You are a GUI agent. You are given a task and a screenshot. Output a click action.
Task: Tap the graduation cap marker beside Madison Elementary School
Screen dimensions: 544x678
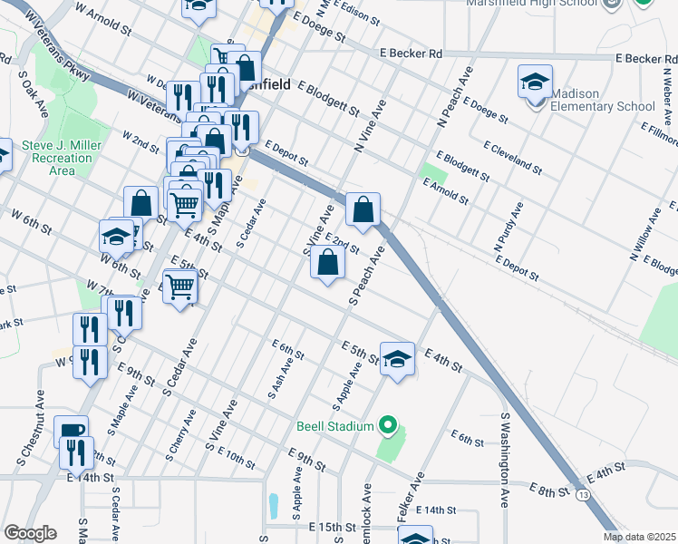(x=535, y=83)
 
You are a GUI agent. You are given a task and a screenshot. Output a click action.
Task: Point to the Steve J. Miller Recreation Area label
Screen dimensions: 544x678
(x=57, y=158)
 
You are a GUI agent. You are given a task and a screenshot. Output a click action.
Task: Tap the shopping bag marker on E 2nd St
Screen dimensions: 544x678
(x=327, y=263)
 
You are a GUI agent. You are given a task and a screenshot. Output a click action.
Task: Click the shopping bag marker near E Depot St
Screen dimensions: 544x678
(x=363, y=210)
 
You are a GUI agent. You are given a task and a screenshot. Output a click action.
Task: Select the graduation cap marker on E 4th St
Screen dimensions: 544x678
(x=397, y=359)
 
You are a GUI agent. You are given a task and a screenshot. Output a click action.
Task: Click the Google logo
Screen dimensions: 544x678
(x=29, y=533)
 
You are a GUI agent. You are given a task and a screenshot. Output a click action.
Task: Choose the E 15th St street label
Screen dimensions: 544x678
(x=334, y=527)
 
